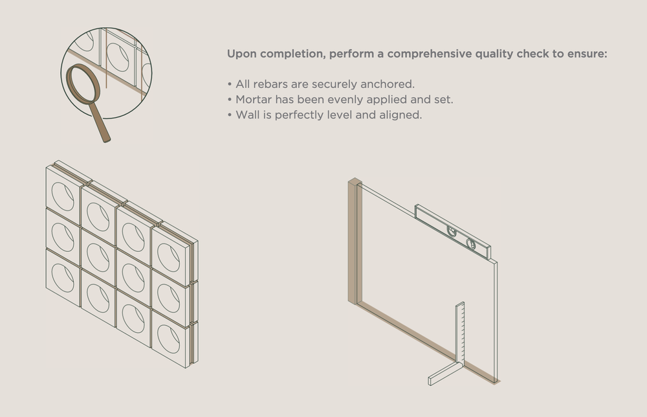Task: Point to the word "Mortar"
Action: (253, 100)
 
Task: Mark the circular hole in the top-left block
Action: (63, 196)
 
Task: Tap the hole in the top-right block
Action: (168, 258)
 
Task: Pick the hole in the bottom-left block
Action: (63, 277)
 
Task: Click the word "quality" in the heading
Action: (495, 54)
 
